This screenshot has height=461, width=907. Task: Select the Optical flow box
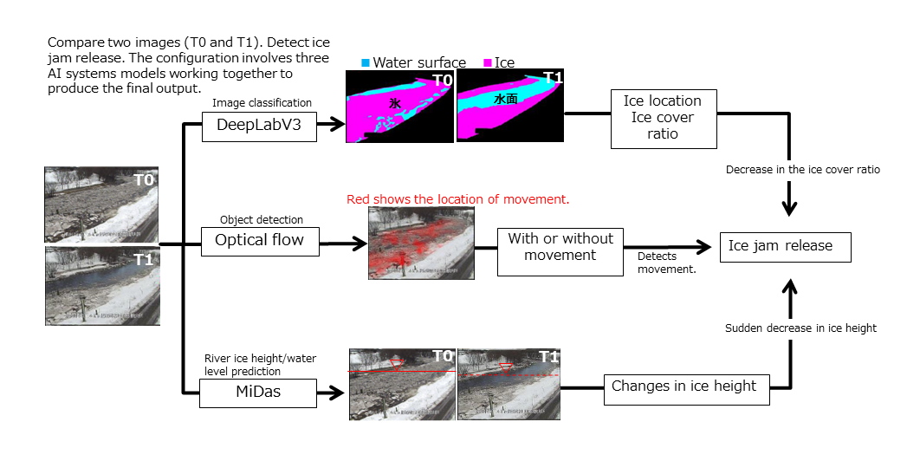(259, 240)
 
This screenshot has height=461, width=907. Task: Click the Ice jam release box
(785, 246)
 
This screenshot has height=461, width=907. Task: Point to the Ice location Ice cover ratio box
(663, 118)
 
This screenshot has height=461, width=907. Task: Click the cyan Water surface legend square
(366, 62)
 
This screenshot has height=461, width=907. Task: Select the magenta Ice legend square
(487, 62)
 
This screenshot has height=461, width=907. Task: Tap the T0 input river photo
(102, 205)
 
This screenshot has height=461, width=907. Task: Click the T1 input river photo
(102, 286)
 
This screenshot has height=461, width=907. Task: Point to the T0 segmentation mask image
(399, 107)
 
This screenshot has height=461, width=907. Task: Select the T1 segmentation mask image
(510, 107)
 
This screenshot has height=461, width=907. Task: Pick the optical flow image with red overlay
(418, 242)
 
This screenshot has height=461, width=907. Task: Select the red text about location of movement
(457, 199)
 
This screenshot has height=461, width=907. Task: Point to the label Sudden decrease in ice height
(800, 328)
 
